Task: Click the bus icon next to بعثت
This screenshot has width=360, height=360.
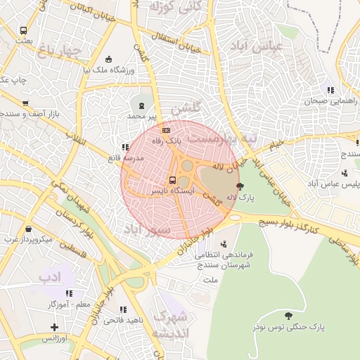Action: pos(23,31)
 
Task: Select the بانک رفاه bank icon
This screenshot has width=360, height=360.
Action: pos(166,130)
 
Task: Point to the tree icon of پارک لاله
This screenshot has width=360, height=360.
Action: pos(241,186)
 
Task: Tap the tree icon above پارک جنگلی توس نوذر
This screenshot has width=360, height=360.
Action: pos(288,315)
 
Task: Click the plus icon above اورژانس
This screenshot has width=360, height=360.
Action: pos(55,327)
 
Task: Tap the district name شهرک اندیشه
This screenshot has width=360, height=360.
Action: pos(169,324)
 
